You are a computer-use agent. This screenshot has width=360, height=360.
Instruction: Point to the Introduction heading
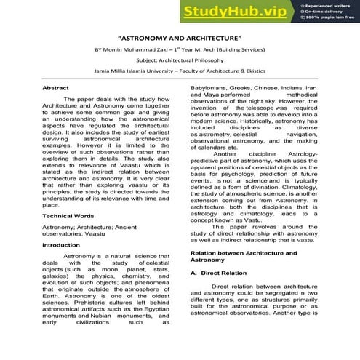pyautogui.click(x=61, y=245)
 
